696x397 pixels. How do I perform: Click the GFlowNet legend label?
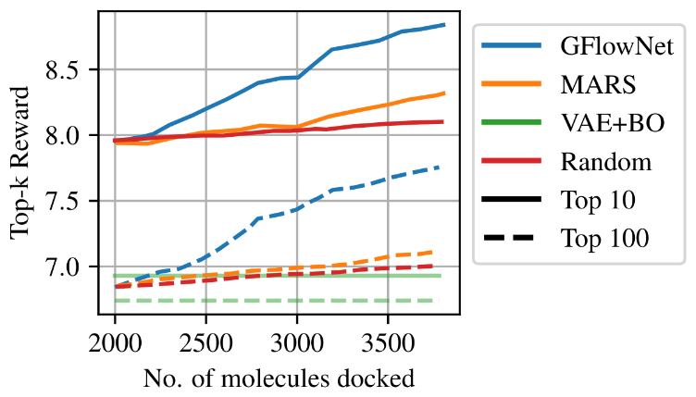pos(615,44)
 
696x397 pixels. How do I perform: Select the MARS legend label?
pos(597,84)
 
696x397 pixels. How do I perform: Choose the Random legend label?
pos(606,162)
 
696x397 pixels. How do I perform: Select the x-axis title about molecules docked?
pos(278,376)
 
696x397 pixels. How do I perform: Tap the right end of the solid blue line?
pos(444,25)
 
